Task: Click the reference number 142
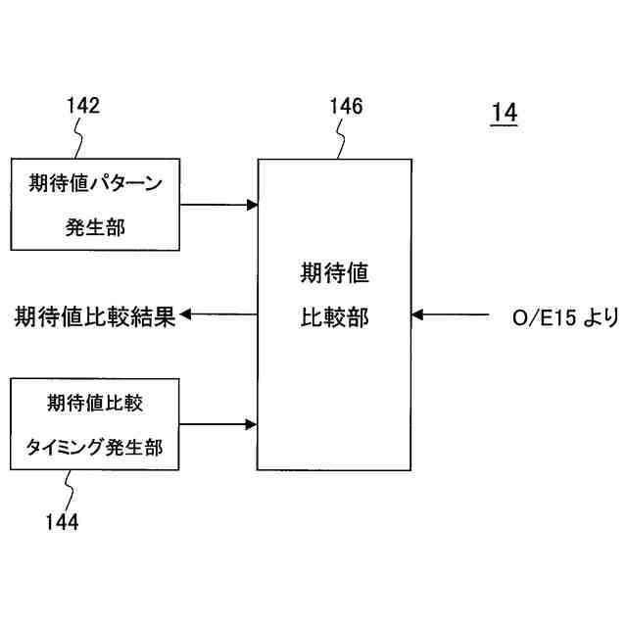pyautogui.click(x=83, y=106)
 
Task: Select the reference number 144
pyautogui.click(x=62, y=521)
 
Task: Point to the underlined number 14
pyautogui.click(x=504, y=114)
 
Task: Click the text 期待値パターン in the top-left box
pyautogui.click(x=96, y=183)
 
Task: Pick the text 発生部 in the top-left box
pyautogui.click(x=96, y=227)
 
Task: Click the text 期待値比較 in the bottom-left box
pyautogui.click(x=95, y=403)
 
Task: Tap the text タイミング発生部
pyautogui.click(x=95, y=447)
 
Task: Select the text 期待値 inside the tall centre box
pyautogui.click(x=334, y=273)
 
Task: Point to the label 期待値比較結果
pyautogui.click(x=94, y=316)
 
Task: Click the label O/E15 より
pyautogui.click(x=565, y=316)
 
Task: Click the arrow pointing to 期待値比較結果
pyautogui.click(x=218, y=315)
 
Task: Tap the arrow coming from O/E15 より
pyautogui.click(x=451, y=315)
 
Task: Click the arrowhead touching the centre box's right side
pyautogui.click(x=417, y=315)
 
